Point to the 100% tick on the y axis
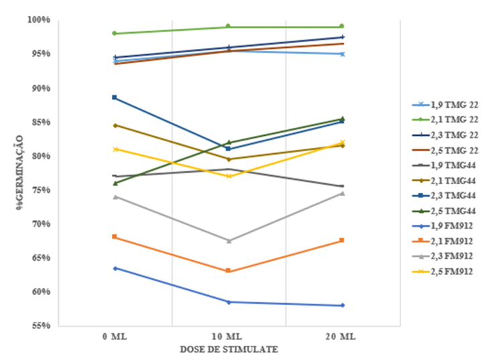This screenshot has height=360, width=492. (x=39, y=20)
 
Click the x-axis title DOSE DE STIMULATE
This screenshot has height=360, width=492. (x=228, y=349)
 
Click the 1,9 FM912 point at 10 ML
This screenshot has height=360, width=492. (x=228, y=302)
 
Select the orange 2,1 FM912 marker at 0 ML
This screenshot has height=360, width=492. (x=115, y=237)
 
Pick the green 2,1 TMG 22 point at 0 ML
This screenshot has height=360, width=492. (x=115, y=33)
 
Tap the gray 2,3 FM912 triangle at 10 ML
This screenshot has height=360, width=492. (x=228, y=241)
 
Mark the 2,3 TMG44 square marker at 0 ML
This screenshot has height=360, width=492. (x=115, y=98)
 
